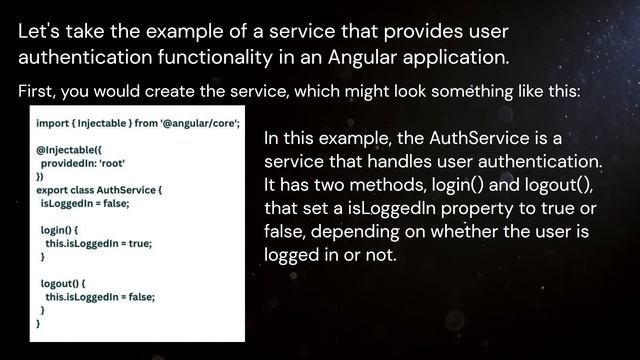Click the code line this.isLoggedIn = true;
point(100,243)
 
